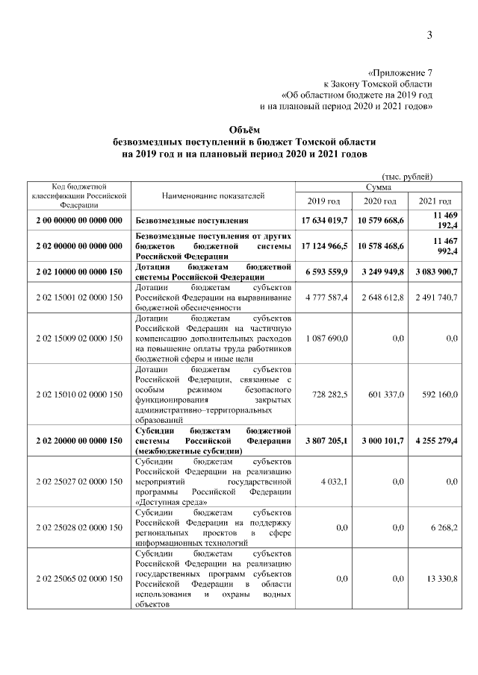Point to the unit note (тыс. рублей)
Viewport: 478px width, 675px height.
point(407,176)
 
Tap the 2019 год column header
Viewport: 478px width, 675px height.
point(323,201)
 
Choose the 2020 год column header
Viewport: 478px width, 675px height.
point(379,201)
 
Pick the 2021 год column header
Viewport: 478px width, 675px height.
point(435,201)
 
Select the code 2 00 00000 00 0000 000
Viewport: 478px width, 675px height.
point(78,222)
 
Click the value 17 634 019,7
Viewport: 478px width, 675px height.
point(324,222)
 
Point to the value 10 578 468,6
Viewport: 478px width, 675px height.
point(379,245)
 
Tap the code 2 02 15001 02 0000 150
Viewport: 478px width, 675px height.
point(78,298)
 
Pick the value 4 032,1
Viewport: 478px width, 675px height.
point(335,483)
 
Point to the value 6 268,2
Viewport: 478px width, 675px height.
point(444,528)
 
